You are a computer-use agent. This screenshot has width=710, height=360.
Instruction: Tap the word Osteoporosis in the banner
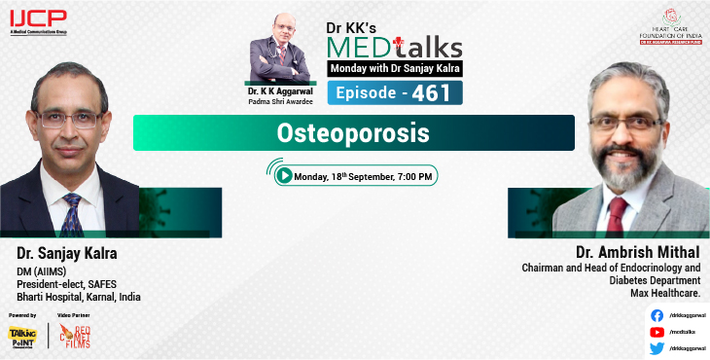(353, 132)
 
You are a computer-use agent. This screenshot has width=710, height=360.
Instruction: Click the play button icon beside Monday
(283, 176)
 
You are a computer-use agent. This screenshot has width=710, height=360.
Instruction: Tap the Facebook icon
(657, 315)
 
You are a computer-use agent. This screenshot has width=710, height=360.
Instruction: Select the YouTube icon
(657, 331)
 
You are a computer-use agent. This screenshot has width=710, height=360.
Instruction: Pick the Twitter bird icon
(657, 347)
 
